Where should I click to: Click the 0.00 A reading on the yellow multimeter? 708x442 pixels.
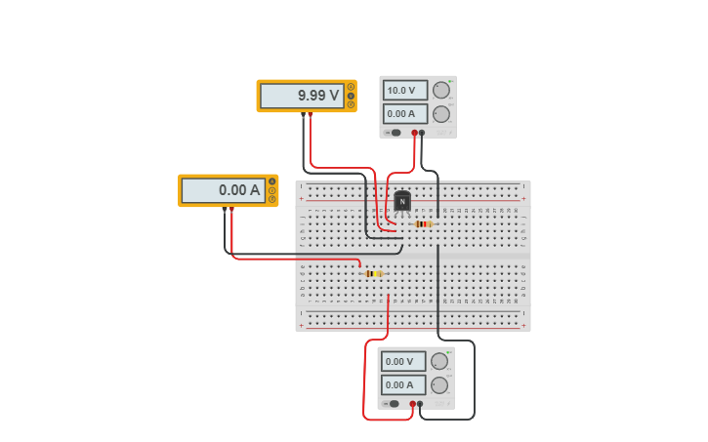pyautogui.click(x=224, y=190)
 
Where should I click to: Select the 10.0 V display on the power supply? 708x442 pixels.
pyautogui.click(x=405, y=90)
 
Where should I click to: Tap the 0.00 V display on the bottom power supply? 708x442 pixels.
pyautogui.click(x=403, y=361)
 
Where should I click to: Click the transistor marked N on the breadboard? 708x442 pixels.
pyautogui.click(x=402, y=201)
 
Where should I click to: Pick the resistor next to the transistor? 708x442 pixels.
pyautogui.click(x=423, y=223)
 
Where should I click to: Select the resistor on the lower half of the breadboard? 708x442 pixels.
pyautogui.click(x=373, y=274)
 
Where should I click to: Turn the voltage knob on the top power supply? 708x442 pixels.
pyautogui.click(x=441, y=91)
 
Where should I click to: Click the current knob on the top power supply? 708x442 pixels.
pyautogui.click(x=441, y=114)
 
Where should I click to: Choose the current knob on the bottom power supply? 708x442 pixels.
pyautogui.click(x=439, y=384)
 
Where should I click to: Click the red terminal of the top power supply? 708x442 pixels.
pyautogui.click(x=414, y=133)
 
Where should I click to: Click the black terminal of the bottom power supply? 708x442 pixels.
pyautogui.click(x=420, y=403)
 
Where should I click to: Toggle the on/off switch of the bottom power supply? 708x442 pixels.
pyautogui.click(x=393, y=403)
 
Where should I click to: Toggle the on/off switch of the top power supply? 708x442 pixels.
pyautogui.click(x=395, y=133)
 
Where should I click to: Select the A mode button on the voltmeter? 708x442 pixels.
pyautogui.click(x=351, y=87)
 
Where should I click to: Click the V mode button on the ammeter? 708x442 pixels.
pyautogui.click(x=272, y=190)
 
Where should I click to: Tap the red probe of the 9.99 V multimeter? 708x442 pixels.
pyautogui.click(x=311, y=115)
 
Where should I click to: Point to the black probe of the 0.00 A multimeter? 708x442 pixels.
pyautogui.click(x=225, y=209)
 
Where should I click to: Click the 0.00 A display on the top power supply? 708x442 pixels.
pyautogui.click(x=405, y=113)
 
